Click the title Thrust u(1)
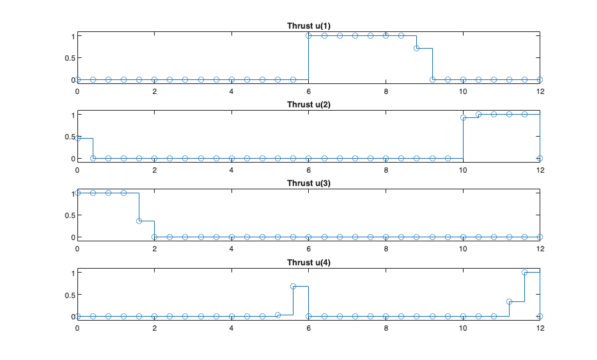point(308,26)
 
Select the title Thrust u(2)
point(308,105)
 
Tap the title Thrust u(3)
point(308,183)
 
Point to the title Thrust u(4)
point(308,262)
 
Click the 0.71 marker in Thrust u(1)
point(416,48)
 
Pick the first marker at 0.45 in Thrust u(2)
point(77,138)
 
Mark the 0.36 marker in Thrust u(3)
point(139,221)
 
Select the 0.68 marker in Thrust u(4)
point(293,286)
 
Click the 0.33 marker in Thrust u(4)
point(509,301)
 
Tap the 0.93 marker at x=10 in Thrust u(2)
point(463,117)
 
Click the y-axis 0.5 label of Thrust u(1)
point(67,57)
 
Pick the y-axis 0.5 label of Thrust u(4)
point(67,294)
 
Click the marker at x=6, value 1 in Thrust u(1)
point(308,35)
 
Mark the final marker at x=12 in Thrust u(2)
point(540,158)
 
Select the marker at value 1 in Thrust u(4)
point(524,272)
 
